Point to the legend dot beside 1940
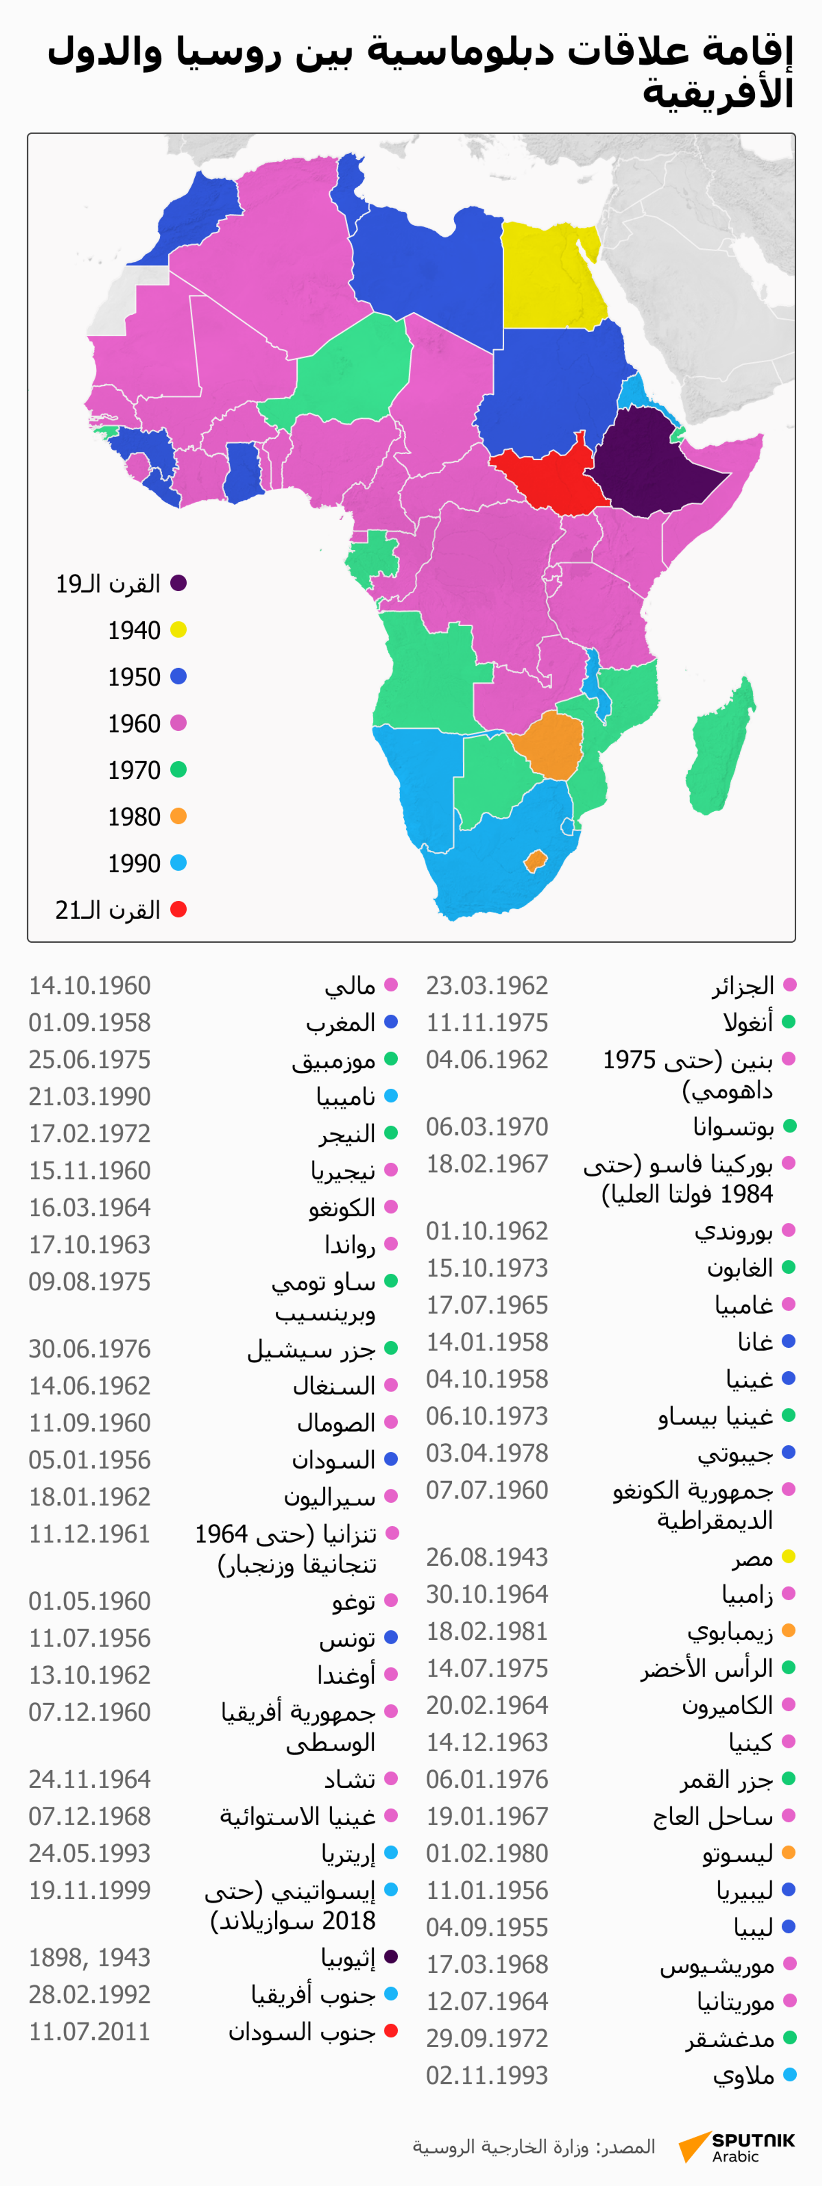(x=178, y=630)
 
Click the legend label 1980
(x=134, y=816)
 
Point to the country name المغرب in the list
(x=341, y=1022)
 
